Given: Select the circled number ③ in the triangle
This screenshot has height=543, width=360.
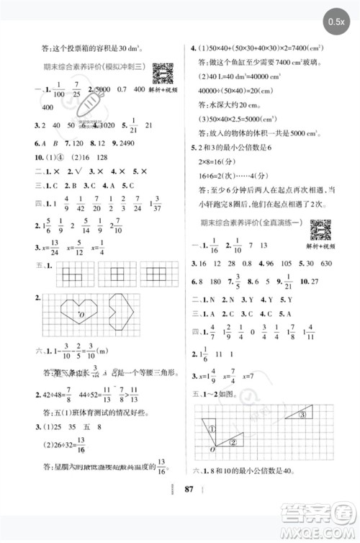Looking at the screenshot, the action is (303, 414).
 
